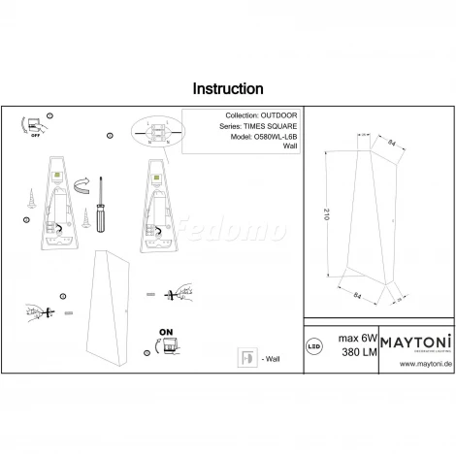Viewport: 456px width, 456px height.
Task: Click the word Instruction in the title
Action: pos(228,88)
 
